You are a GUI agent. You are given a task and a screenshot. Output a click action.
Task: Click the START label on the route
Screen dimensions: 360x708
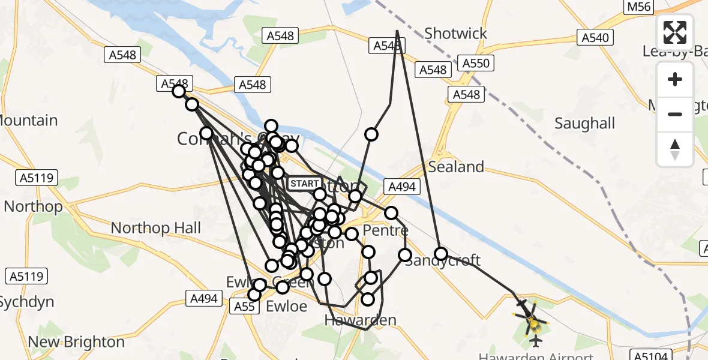click(304, 183)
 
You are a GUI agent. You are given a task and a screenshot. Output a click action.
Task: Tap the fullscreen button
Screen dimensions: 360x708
click(675, 32)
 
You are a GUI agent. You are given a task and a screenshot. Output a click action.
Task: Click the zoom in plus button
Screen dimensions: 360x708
click(675, 79)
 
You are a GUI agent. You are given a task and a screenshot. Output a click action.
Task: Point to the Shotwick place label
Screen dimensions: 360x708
click(455, 34)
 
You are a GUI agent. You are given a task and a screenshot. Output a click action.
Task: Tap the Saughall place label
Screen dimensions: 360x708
click(584, 124)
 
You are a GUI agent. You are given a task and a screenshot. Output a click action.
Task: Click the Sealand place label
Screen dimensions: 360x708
click(456, 167)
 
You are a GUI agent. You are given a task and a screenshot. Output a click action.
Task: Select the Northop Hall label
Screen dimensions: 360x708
click(156, 228)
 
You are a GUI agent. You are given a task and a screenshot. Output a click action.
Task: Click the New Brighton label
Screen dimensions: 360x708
click(76, 343)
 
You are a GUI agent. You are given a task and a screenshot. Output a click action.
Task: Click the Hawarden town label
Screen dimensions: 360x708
click(360, 320)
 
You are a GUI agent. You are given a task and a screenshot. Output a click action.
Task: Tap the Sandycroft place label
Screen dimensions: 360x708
click(443, 260)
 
